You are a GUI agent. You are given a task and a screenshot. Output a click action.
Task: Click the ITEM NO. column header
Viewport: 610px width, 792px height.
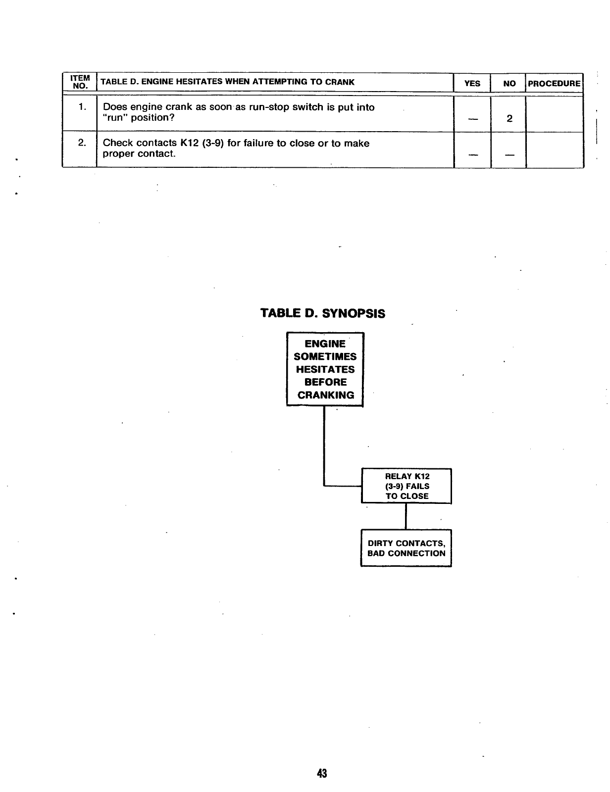click(x=80, y=82)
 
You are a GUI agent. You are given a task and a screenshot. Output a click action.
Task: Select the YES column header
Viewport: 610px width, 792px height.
click(x=472, y=84)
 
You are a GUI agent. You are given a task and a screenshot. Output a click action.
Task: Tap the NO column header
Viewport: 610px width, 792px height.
click(x=509, y=84)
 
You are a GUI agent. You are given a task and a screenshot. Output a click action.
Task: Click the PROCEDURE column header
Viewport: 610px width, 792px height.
click(x=554, y=84)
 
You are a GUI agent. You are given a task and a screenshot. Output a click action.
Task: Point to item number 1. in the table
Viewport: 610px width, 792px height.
click(x=82, y=107)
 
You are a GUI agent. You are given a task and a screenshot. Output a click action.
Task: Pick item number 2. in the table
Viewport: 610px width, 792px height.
click(x=82, y=143)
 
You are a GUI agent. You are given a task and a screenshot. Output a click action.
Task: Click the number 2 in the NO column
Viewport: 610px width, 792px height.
click(x=509, y=119)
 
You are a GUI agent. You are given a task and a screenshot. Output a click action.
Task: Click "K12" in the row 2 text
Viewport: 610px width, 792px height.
click(x=189, y=143)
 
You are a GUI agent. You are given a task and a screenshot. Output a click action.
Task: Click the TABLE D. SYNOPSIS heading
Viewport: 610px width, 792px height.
click(x=323, y=314)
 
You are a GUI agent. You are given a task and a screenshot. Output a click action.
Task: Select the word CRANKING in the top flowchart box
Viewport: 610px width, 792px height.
click(x=326, y=395)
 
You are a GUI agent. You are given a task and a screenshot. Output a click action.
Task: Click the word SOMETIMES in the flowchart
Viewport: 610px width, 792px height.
click(x=325, y=356)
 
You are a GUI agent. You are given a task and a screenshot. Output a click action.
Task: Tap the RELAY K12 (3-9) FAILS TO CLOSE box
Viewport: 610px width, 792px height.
click(x=407, y=486)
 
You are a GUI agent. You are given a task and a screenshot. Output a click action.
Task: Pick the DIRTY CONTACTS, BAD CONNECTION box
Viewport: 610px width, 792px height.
click(x=406, y=548)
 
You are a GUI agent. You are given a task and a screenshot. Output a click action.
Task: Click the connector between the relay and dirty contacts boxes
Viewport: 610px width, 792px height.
click(x=406, y=516)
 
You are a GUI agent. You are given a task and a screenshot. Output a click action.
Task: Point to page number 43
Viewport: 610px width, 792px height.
click(x=322, y=773)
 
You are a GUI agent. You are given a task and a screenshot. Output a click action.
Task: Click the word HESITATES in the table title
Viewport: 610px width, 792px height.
click(x=199, y=82)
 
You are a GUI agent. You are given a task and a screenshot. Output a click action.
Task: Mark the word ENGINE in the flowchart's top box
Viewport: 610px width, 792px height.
click(x=325, y=344)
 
